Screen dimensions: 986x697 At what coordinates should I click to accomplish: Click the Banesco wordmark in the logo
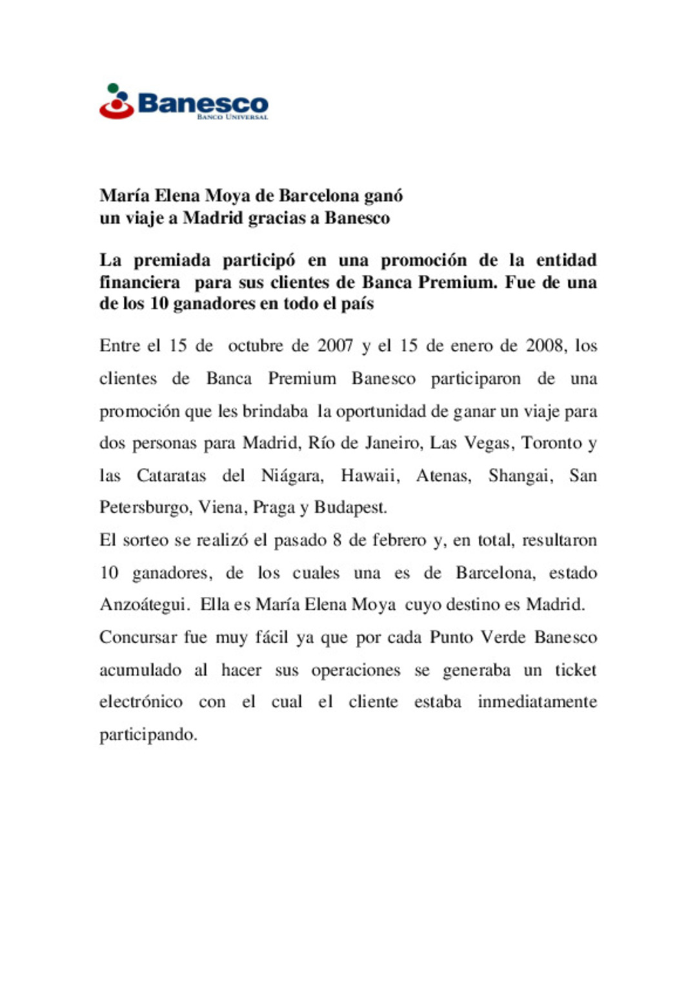coord(203,103)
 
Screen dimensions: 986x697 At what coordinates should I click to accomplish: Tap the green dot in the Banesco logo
coord(114,88)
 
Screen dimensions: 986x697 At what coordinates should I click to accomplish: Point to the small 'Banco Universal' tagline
coord(232,117)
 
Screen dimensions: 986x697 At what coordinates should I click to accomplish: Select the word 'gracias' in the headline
coord(283,218)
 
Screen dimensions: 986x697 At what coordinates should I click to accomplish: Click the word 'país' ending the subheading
coord(357,303)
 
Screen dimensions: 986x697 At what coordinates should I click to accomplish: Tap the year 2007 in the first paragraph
coord(335,346)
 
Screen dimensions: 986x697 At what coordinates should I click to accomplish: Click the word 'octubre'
coord(256,346)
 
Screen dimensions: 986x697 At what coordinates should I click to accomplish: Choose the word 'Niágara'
coord(292,476)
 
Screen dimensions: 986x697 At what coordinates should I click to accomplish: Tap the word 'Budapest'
coord(350,508)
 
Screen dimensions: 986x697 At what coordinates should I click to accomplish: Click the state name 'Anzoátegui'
coord(145,605)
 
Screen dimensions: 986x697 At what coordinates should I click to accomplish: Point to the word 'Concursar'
coord(137,638)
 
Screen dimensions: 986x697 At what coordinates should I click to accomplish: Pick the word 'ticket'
coord(576,670)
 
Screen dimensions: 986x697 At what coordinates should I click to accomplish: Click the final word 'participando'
coord(148,735)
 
